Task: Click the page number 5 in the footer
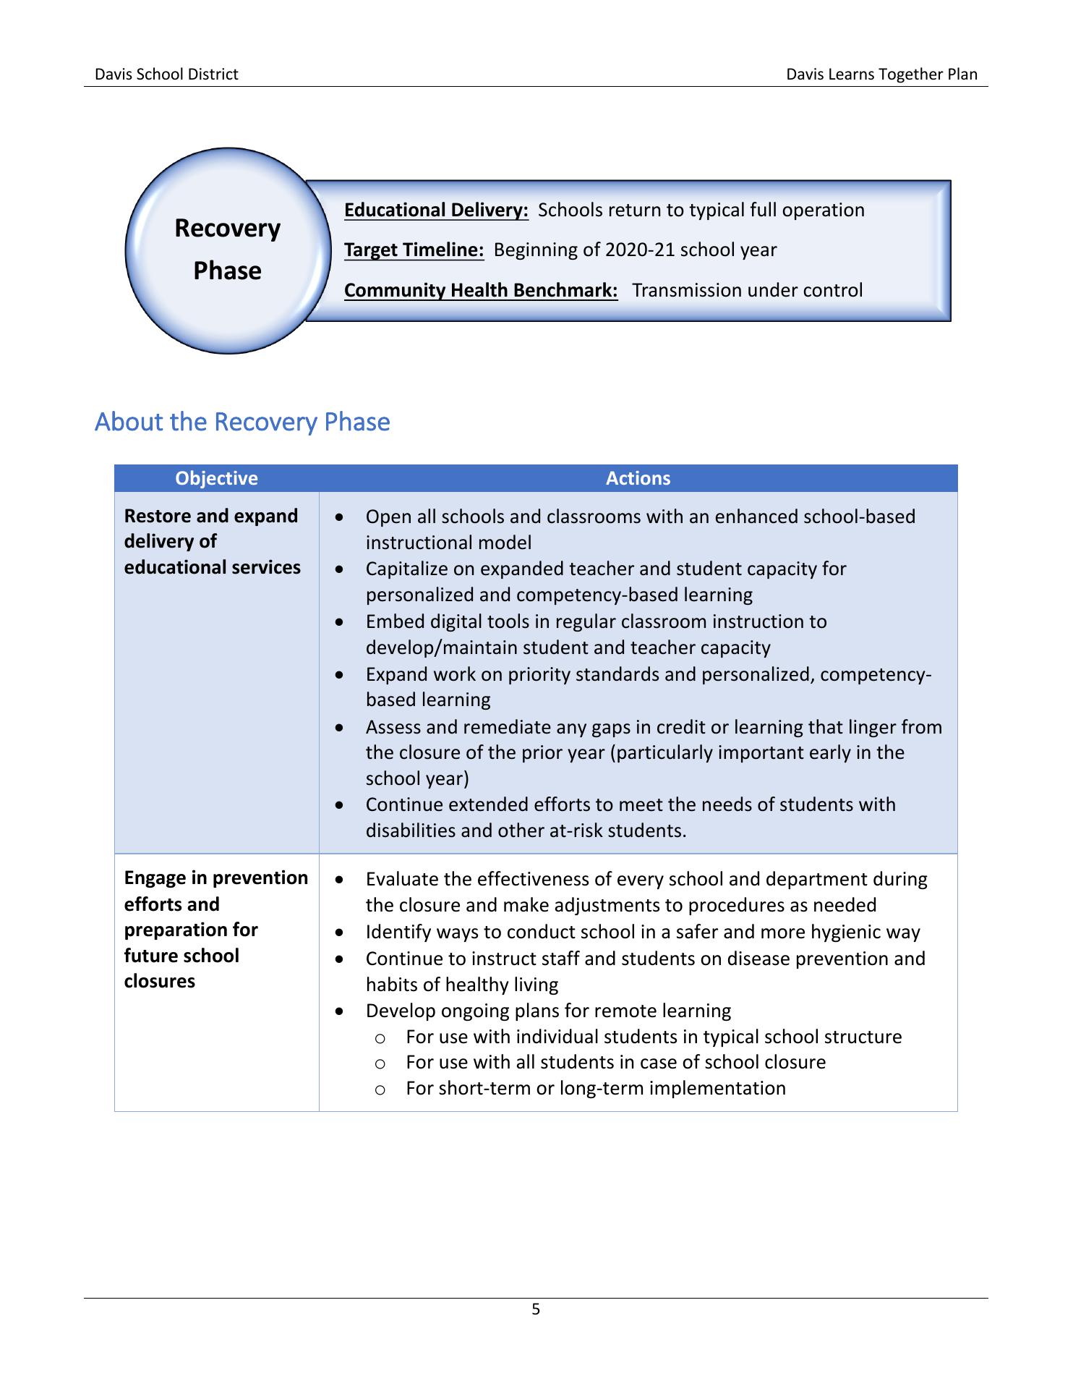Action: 536,1309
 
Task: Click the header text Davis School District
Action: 166,74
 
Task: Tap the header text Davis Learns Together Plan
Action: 881,74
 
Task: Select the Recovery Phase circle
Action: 227,250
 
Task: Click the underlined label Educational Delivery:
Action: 436,210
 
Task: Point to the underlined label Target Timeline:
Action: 414,250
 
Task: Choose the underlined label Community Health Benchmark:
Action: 481,290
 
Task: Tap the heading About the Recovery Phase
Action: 242,422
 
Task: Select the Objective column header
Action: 216,478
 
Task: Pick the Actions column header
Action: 638,478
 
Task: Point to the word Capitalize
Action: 408,569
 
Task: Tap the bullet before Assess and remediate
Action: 340,727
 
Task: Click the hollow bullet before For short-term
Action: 380,1089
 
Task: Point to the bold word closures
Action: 160,981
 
